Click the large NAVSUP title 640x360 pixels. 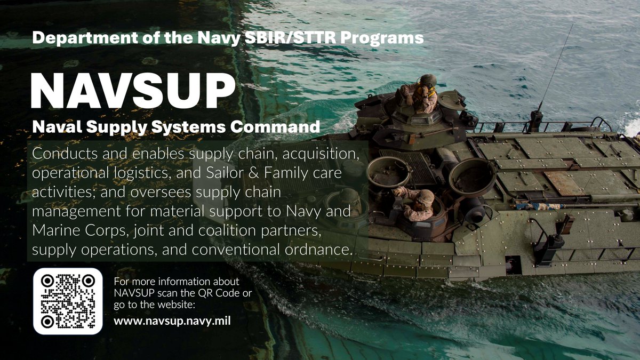click(x=133, y=91)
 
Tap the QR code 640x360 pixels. click(x=68, y=301)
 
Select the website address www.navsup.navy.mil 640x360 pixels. click(x=172, y=322)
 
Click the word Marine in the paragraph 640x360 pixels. click(x=51, y=231)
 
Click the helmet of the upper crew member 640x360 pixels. click(x=428, y=81)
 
